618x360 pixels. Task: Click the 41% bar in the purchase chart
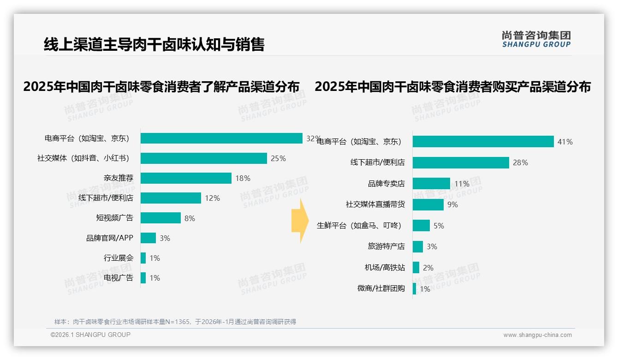[x=483, y=142]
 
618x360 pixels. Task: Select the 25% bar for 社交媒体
[x=203, y=158]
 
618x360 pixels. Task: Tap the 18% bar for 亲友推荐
[x=186, y=178]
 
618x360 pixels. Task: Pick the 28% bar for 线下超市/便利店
[x=461, y=162]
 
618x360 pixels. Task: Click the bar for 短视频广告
[x=160, y=218]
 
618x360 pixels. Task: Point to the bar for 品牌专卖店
[x=431, y=184]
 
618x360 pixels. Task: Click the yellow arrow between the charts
[x=299, y=221]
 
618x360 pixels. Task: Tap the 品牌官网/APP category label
[x=109, y=238]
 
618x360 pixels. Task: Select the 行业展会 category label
[x=118, y=258]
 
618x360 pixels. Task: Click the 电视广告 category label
[x=118, y=278]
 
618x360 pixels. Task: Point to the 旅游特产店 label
[x=386, y=246]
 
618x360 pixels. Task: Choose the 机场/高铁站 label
[x=385, y=268]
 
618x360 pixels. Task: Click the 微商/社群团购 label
[x=381, y=288]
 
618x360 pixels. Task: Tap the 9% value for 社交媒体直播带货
[x=452, y=204]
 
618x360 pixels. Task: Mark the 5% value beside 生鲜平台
[x=439, y=226]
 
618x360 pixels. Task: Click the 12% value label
[x=212, y=198]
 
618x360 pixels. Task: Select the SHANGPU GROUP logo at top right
[x=536, y=39]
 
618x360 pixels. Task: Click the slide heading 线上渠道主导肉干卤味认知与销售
[x=154, y=44]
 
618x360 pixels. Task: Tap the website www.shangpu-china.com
[x=537, y=335]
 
